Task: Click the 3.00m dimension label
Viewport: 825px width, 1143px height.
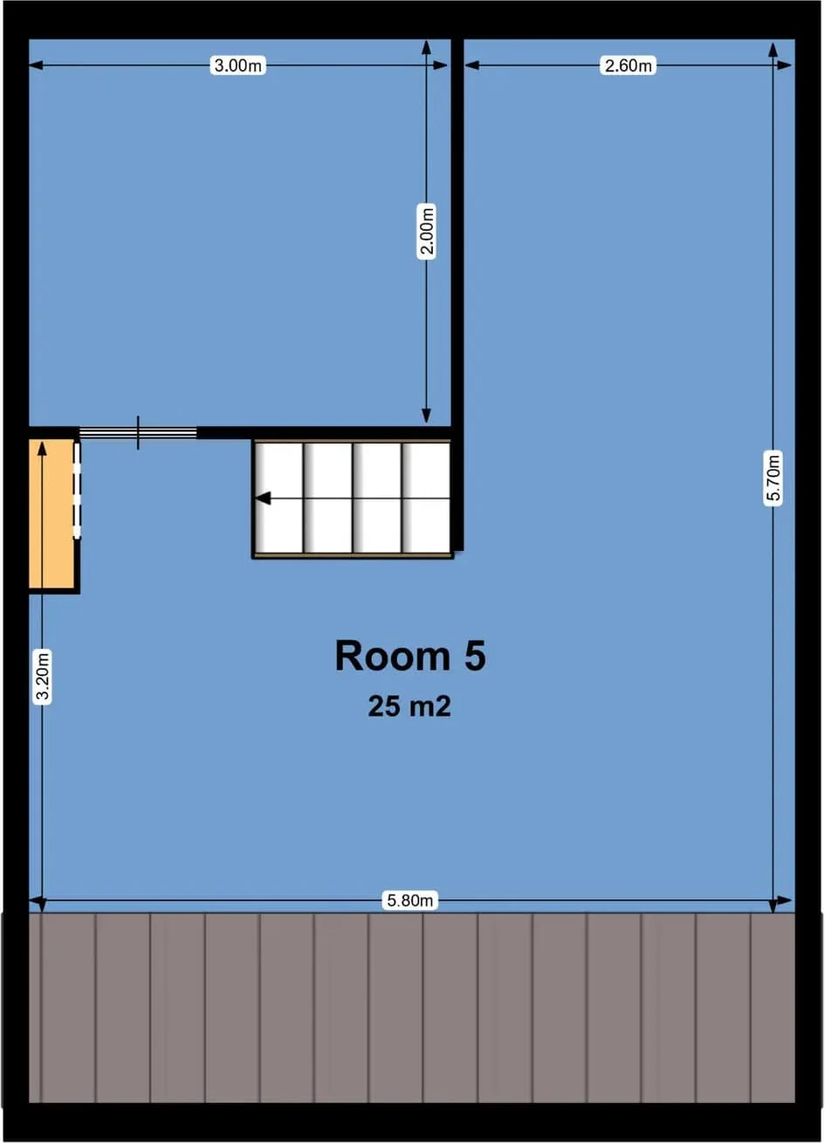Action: (237, 65)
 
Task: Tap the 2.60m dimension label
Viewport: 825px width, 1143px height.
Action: (628, 65)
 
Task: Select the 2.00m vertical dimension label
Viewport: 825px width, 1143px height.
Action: (427, 231)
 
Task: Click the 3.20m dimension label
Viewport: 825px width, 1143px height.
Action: (42, 677)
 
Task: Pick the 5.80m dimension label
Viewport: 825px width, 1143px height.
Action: (409, 900)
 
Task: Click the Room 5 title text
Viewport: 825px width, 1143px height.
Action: (410, 656)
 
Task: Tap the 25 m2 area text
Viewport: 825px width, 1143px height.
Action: (409, 706)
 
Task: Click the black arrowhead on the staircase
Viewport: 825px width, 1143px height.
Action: (263, 498)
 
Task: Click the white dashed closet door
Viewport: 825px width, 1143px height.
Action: (77, 491)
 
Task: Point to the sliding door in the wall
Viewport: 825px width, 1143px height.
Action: (138, 433)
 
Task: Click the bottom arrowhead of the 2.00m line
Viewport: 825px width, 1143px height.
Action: (427, 416)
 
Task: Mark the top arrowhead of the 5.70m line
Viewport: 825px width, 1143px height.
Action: (773, 50)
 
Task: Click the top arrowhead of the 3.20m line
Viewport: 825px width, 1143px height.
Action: (42, 450)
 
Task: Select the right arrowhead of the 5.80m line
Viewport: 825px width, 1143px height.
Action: (784, 900)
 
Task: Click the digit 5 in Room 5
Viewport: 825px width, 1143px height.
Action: (475, 656)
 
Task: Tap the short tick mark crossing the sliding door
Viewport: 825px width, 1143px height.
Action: (138, 433)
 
